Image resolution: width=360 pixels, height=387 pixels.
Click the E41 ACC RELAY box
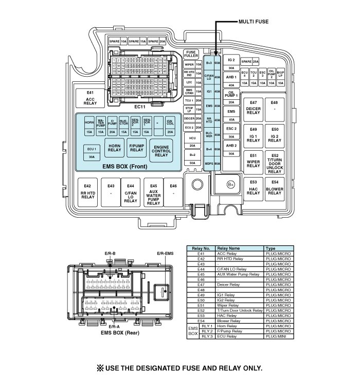point(91,98)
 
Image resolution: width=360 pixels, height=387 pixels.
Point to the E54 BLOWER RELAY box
point(275,190)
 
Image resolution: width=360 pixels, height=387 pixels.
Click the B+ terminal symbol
point(231,184)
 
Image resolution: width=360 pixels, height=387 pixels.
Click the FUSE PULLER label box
point(191,55)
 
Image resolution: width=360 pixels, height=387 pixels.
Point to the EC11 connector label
point(140,107)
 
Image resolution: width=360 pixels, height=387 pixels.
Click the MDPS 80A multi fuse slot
point(213,164)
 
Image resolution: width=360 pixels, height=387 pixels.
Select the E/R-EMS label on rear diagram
point(165,253)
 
